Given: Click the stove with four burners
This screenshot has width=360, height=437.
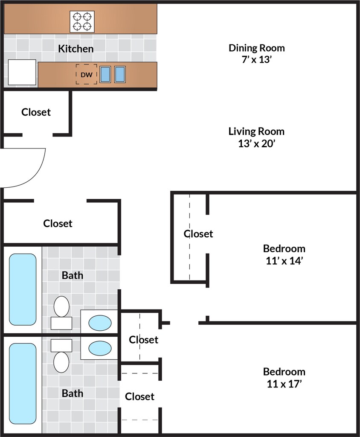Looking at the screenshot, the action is coord(82,22).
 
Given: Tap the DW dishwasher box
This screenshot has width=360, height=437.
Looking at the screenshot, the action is coord(87,74).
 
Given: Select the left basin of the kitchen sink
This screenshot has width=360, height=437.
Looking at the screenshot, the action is coord(105,74).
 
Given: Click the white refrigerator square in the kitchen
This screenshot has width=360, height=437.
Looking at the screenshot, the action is coord(22,72).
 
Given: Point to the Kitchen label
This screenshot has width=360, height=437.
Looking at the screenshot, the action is coord(76,49).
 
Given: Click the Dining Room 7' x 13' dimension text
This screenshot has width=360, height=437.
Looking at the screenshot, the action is coord(257,59).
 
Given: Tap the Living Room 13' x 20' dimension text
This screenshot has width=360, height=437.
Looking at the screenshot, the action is coord(257,143).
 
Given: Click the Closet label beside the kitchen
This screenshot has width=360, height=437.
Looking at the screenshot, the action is coord(36,112).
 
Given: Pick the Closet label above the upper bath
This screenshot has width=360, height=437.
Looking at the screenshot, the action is coord(58,223).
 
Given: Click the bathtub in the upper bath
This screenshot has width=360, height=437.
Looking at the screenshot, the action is coord(23,289).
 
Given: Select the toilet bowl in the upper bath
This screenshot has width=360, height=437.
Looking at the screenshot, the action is coord(61,306).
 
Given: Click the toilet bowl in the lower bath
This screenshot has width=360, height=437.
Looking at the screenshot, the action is coord(61,362).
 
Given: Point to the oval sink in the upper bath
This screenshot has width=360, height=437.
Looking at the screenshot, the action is coord(100,323).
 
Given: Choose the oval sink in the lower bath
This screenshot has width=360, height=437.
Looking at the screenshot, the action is coord(100,348).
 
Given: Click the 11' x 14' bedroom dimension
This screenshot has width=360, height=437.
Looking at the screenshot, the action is coord(284,261).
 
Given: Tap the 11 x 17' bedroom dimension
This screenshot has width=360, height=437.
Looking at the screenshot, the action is coord(284,384).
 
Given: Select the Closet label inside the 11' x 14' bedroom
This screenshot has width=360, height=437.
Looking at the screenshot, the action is coord(198,233).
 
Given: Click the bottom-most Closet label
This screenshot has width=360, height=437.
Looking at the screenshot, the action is coord(139,396).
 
